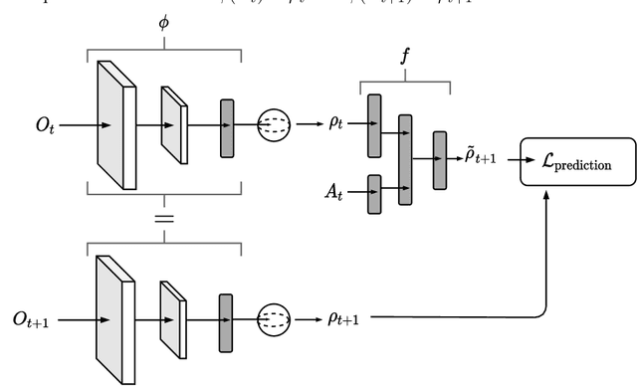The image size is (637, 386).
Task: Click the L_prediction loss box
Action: coord(577,163)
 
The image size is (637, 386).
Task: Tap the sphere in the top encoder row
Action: coord(275,126)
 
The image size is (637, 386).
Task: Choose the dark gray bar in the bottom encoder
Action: coord(226,320)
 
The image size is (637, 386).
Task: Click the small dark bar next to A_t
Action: coord(374,193)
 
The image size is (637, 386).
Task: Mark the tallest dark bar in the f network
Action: coord(404,159)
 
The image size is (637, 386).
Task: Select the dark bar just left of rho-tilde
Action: coord(439,159)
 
